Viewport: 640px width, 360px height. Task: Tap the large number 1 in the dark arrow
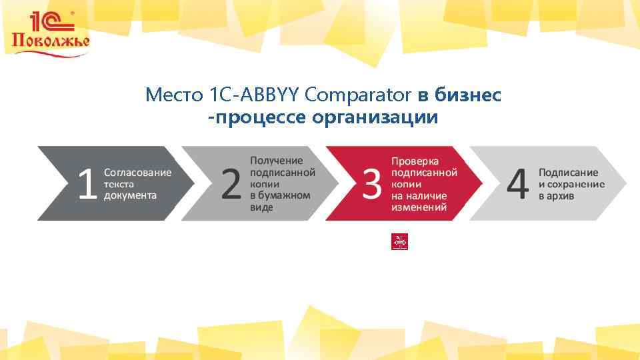click(87, 184)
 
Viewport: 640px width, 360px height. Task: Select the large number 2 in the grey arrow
click(231, 184)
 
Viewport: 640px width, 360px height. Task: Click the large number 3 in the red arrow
click(372, 184)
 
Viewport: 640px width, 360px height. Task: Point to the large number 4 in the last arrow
click(518, 184)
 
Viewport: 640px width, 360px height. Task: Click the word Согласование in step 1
click(137, 172)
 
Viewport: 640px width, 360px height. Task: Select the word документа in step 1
click(130, 195)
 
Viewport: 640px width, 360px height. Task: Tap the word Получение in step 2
click(276, 160)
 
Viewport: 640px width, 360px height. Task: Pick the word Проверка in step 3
click(415, 161)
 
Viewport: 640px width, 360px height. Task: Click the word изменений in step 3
click(419, 207)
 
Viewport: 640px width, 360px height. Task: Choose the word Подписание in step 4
click(568, 172)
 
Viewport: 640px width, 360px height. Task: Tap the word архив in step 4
click(561, 196)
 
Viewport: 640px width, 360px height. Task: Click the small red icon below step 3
click(399, 242)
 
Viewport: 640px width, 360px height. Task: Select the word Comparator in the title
click(358, 95)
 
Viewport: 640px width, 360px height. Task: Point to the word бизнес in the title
click(468, 95)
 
